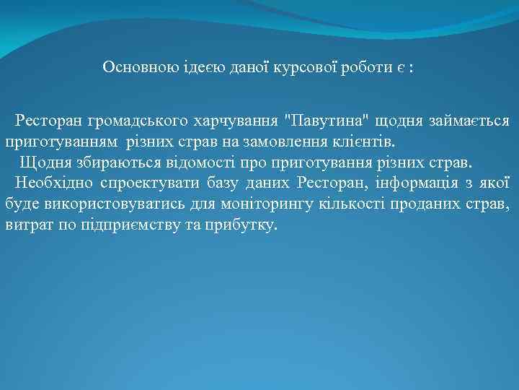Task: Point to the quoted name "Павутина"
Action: click(320, 118)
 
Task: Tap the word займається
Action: click(469, 118)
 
